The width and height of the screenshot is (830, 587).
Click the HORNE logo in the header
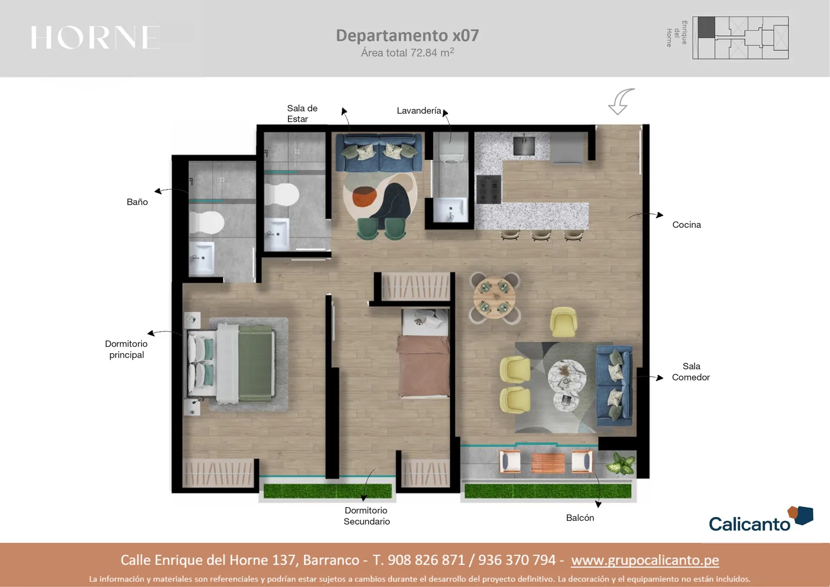95,37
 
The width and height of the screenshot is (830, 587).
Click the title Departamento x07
407,36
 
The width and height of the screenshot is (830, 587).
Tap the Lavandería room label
419,111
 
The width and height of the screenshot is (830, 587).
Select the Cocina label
686,225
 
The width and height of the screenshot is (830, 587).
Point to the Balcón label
580,517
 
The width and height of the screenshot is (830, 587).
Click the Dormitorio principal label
127,349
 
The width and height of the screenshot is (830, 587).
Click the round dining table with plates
494,298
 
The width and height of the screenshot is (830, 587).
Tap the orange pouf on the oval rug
364,197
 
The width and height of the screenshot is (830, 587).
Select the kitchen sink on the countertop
524,145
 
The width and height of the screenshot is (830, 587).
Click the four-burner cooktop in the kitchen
489,189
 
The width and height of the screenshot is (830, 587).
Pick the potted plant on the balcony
620,463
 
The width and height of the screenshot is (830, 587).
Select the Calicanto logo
760,519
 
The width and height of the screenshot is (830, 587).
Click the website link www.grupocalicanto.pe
645,560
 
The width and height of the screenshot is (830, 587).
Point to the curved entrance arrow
620,101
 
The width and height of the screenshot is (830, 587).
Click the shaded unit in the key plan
706,27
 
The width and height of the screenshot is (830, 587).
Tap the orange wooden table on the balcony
548,463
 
